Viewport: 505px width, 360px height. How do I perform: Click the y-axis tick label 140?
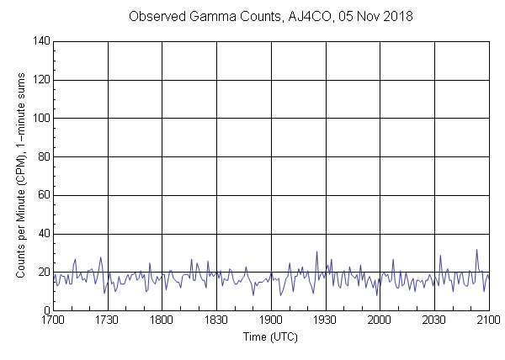pos(40,41)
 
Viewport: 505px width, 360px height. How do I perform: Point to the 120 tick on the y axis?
pos(40,80)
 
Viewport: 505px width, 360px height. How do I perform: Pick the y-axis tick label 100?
pos(40,119)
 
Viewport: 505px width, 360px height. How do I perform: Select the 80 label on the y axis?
pos(42,156)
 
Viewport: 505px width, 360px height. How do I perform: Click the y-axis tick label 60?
pos(42,195)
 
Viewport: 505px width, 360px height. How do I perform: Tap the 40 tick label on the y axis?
pos(42,234)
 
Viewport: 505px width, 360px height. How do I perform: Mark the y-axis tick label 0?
pos(45,310)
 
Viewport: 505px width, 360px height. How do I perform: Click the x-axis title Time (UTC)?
pos(270,337)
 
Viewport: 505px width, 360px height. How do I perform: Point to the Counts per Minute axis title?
pos(19,175)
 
